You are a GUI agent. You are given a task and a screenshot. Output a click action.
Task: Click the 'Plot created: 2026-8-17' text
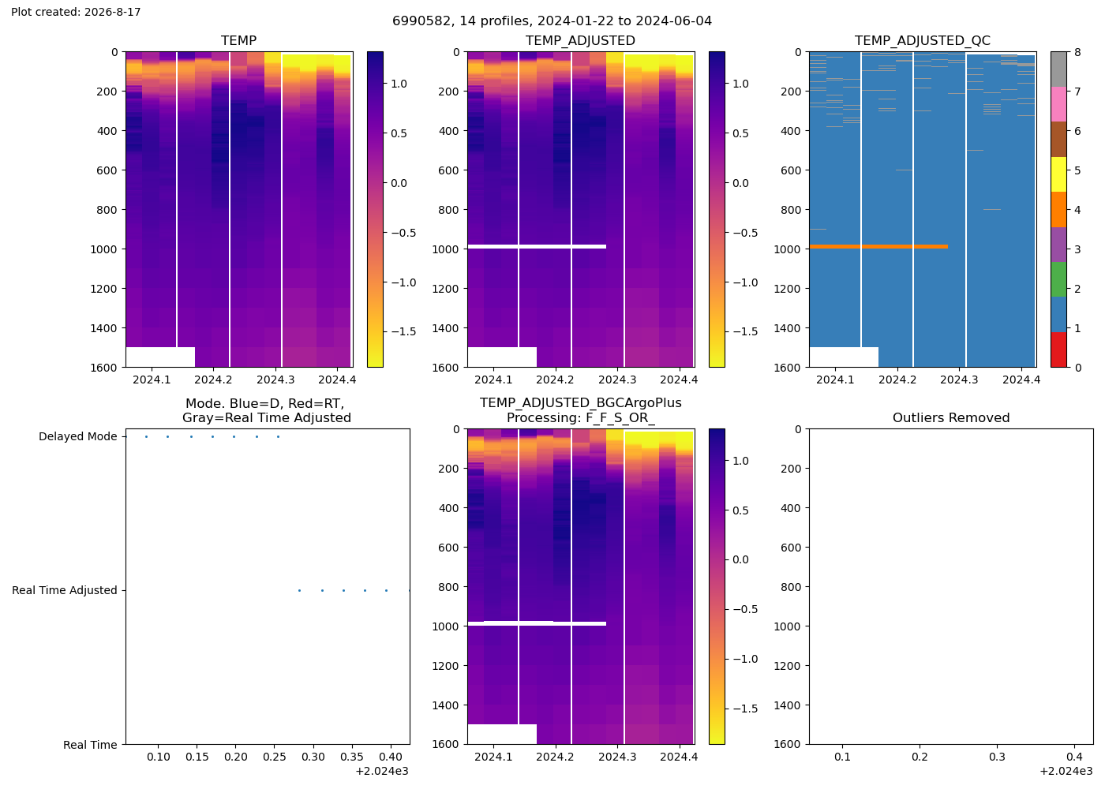point(76,12)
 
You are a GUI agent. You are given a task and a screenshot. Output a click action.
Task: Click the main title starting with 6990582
point(552,21)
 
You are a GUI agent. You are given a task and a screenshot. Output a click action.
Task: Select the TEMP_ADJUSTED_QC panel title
point(923,40)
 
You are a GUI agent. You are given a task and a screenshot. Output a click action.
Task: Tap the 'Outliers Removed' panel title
point(951,417)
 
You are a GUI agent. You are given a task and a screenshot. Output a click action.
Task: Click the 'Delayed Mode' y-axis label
point(78,436)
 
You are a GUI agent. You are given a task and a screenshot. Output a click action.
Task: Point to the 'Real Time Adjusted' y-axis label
point(65,590)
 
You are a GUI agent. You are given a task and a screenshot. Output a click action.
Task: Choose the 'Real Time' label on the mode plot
point(90,745)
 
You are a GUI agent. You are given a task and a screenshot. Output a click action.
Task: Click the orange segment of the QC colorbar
point(1058,210)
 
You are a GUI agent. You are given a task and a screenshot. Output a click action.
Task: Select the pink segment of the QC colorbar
point(1058,104)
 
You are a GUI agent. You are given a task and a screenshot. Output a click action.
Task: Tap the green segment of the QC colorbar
point(1058,279)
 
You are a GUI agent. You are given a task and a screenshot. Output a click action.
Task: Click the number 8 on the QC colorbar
point(1077,52)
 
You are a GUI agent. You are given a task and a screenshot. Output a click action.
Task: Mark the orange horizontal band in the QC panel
point(878,246)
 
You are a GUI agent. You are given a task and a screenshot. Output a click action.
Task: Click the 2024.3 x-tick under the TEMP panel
point(275,380)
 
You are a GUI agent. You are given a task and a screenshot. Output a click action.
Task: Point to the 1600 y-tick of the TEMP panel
point(103,368)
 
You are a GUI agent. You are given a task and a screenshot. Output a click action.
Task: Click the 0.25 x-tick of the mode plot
point(275,757)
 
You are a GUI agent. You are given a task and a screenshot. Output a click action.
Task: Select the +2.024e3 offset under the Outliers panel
point(1066,772)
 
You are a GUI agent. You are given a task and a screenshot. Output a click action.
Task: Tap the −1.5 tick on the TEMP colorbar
point(403,332)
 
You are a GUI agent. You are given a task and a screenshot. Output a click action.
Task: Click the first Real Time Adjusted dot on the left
point(299,590)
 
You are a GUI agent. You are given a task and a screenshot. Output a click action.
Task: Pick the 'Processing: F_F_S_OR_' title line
point(581,418)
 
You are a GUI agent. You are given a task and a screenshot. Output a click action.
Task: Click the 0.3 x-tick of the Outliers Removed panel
point(997,757)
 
